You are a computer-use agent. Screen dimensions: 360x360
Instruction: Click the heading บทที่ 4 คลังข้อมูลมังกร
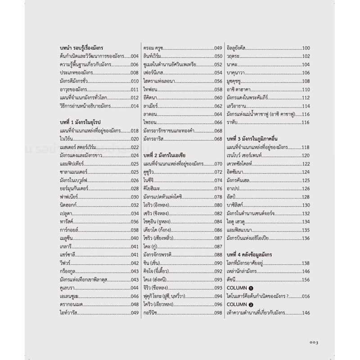254,255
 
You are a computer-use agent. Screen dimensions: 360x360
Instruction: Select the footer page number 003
314,342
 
